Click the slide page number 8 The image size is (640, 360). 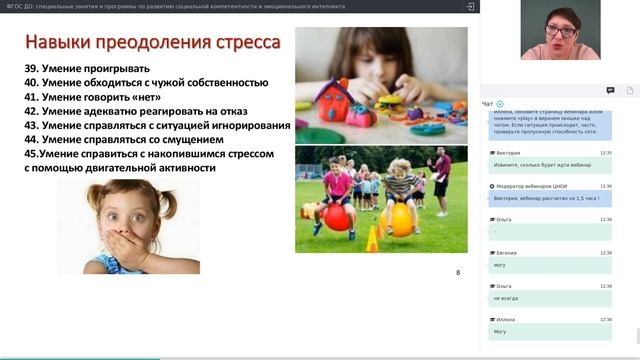[458, 272]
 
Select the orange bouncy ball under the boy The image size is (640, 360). [400, 219]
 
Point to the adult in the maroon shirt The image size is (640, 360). [441, 175]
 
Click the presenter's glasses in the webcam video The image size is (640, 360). [561, 32]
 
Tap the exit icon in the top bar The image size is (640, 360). [469, 6]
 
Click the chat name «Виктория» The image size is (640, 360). [508, 152]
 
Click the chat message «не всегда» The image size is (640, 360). [505, 297]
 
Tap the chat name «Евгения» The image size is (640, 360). [507, 253]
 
